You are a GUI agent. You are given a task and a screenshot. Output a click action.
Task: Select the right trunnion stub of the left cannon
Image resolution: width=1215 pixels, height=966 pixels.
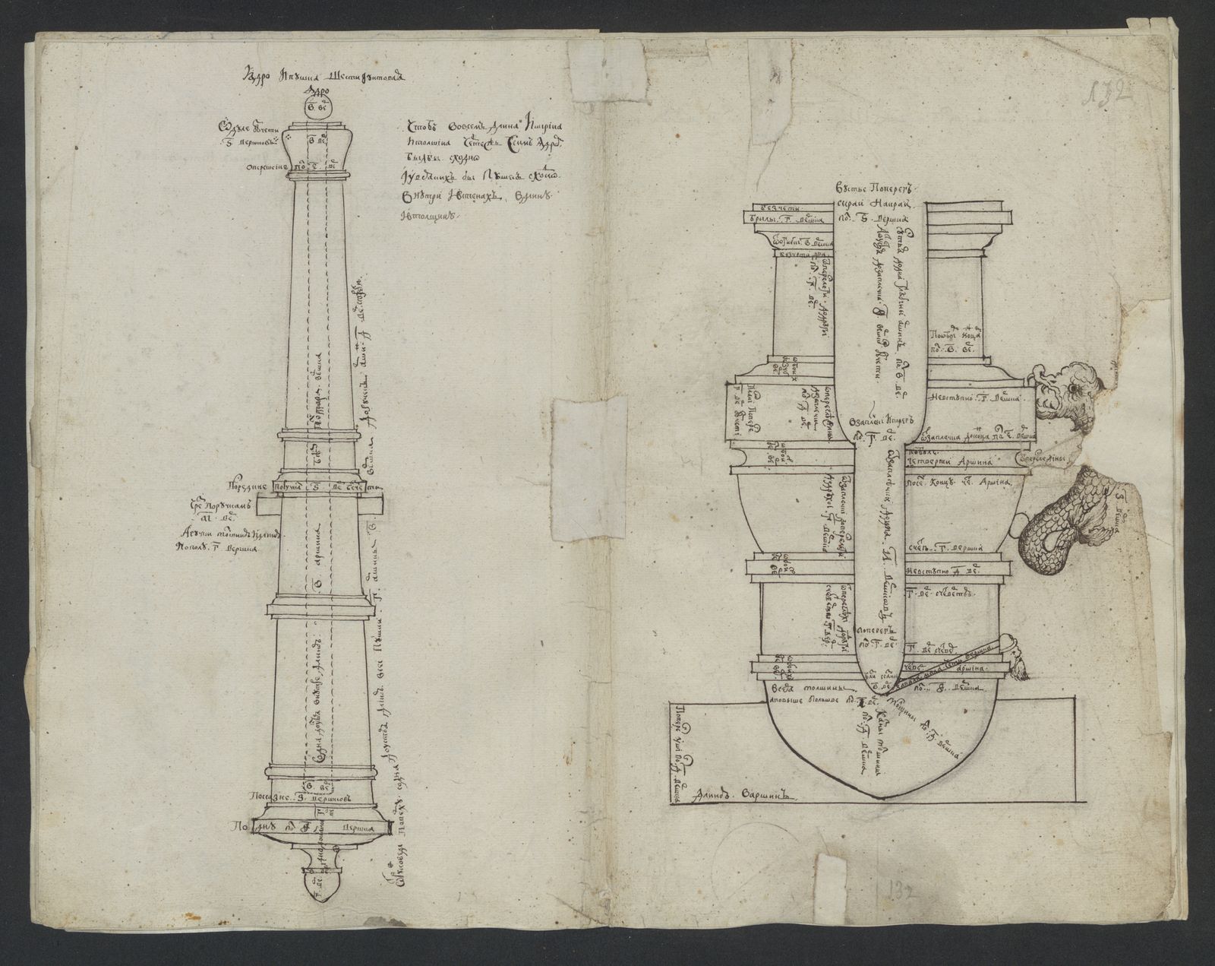[x=377, y=505]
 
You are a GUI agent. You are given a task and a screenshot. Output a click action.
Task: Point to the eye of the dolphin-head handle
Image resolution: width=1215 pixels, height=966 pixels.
[x=1072, y=388]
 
